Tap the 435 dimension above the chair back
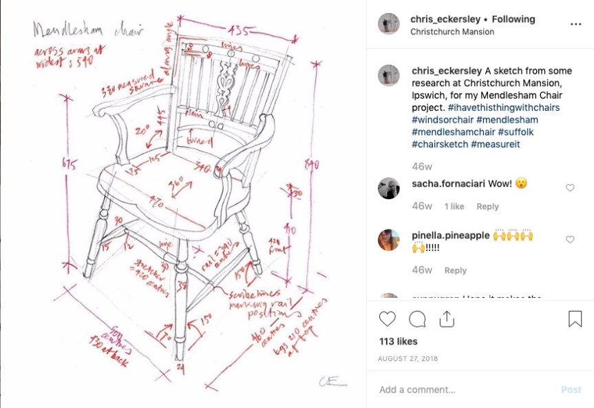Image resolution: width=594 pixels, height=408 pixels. pyautogui.click(x=239, y=30)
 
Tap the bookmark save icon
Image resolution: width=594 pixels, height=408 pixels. pyautogui.click(x=575, y=319)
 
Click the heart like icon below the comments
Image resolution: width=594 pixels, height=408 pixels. pyautogui.click(x=388, y=319)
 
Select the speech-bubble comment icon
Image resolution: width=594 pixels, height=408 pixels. pyautogui.click(x=417, y=319)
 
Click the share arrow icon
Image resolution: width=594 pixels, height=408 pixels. pyautogui.click(x=447, y=319)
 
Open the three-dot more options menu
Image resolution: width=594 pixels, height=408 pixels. pyautogui.click(x=575, y=23)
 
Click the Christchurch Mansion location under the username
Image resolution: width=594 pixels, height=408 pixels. pyautogui.click(x=452, y=32)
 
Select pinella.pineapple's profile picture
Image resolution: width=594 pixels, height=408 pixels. pyautogui.click(x=389, y=240)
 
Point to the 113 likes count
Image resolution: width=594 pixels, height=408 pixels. pyautogui.click(x=399, y=341)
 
